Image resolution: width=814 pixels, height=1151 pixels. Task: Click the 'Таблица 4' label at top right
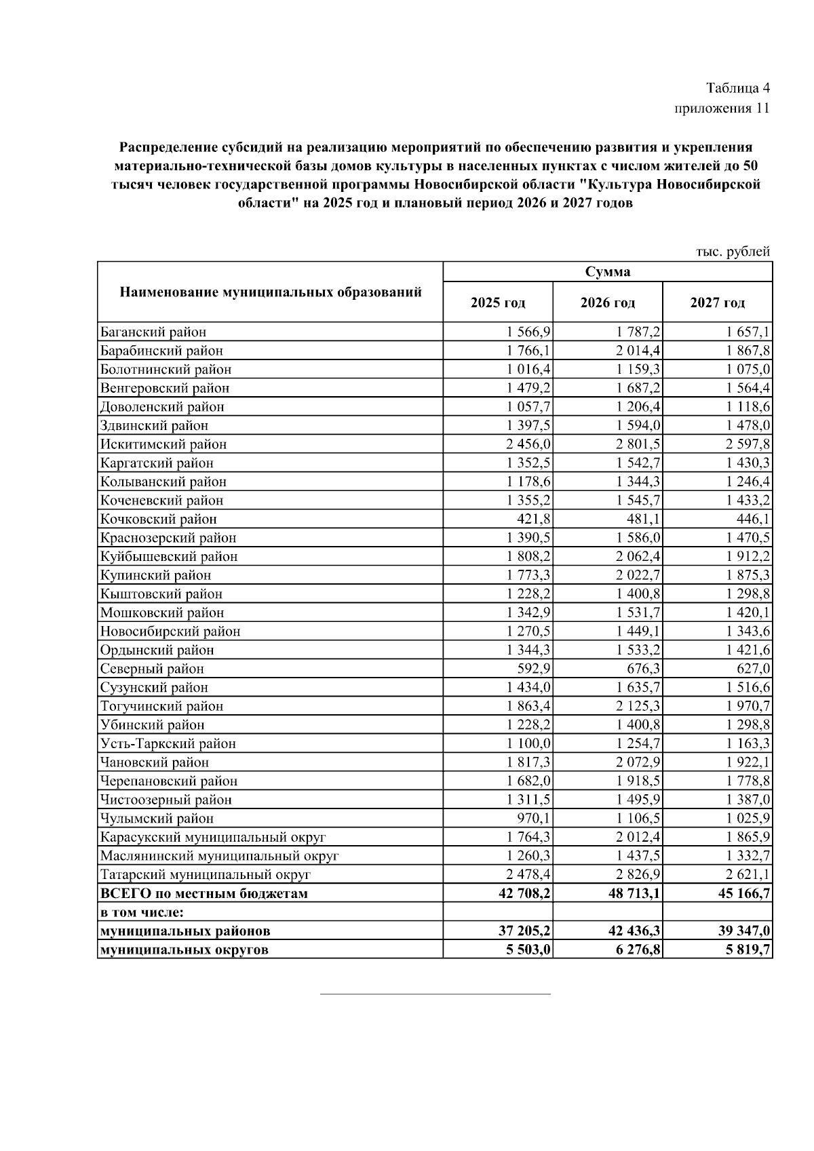(x=737, y=88)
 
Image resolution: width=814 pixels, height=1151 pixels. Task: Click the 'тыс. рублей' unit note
(x=733, y=252)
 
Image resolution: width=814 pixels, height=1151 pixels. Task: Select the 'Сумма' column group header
(x=607, y=272)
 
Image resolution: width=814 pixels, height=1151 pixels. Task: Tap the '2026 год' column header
(x=607, y=303)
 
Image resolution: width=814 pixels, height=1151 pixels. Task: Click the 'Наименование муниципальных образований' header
(x=271, y=292)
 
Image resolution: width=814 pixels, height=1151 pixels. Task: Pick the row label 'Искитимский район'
(x=163, y=444)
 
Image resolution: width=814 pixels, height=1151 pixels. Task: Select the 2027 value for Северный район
(x=752, y=669)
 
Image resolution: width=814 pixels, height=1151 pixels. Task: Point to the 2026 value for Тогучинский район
(x=638, y=706)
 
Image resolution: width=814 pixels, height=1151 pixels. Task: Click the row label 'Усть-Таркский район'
(x=168, y=743)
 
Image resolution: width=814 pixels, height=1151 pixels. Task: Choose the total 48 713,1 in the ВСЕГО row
(x=634, y=893)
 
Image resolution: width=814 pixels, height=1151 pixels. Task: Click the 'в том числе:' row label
(x=142, y=912)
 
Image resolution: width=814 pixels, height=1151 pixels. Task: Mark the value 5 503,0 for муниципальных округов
(x=528, y=950)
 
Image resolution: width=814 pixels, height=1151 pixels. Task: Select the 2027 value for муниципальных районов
(x=744, y=931)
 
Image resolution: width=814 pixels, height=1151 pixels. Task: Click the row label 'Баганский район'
(x=153, y=332)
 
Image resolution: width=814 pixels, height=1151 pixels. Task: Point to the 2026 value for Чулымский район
(x=638, y=818)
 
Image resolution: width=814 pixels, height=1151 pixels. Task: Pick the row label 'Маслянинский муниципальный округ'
(x=219, y=856)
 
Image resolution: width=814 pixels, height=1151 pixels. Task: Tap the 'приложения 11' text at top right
(x=722, y=109)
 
